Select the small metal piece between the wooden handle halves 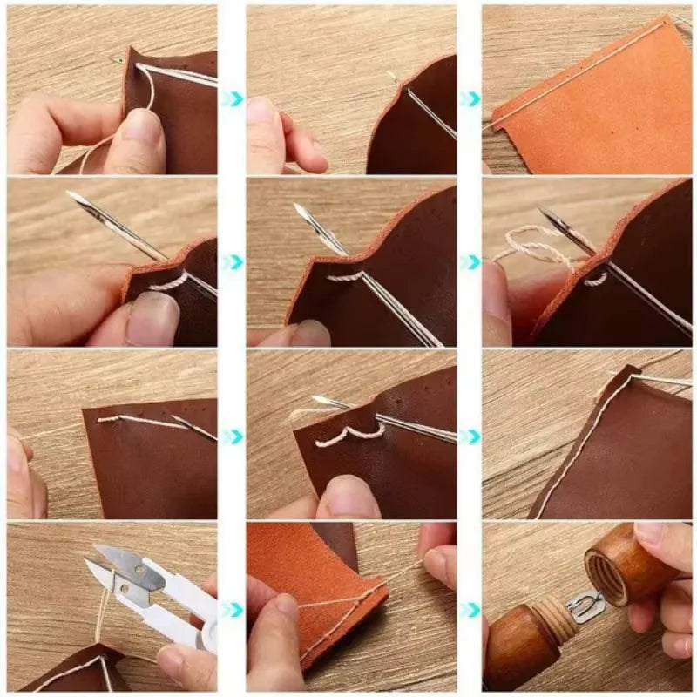pos(585,606)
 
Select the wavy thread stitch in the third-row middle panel pos(348,436)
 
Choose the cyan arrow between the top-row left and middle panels pos(233,98)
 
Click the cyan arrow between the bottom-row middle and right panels pos(470,610)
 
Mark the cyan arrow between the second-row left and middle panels pos(233,261)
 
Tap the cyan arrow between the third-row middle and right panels pos(470,436)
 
